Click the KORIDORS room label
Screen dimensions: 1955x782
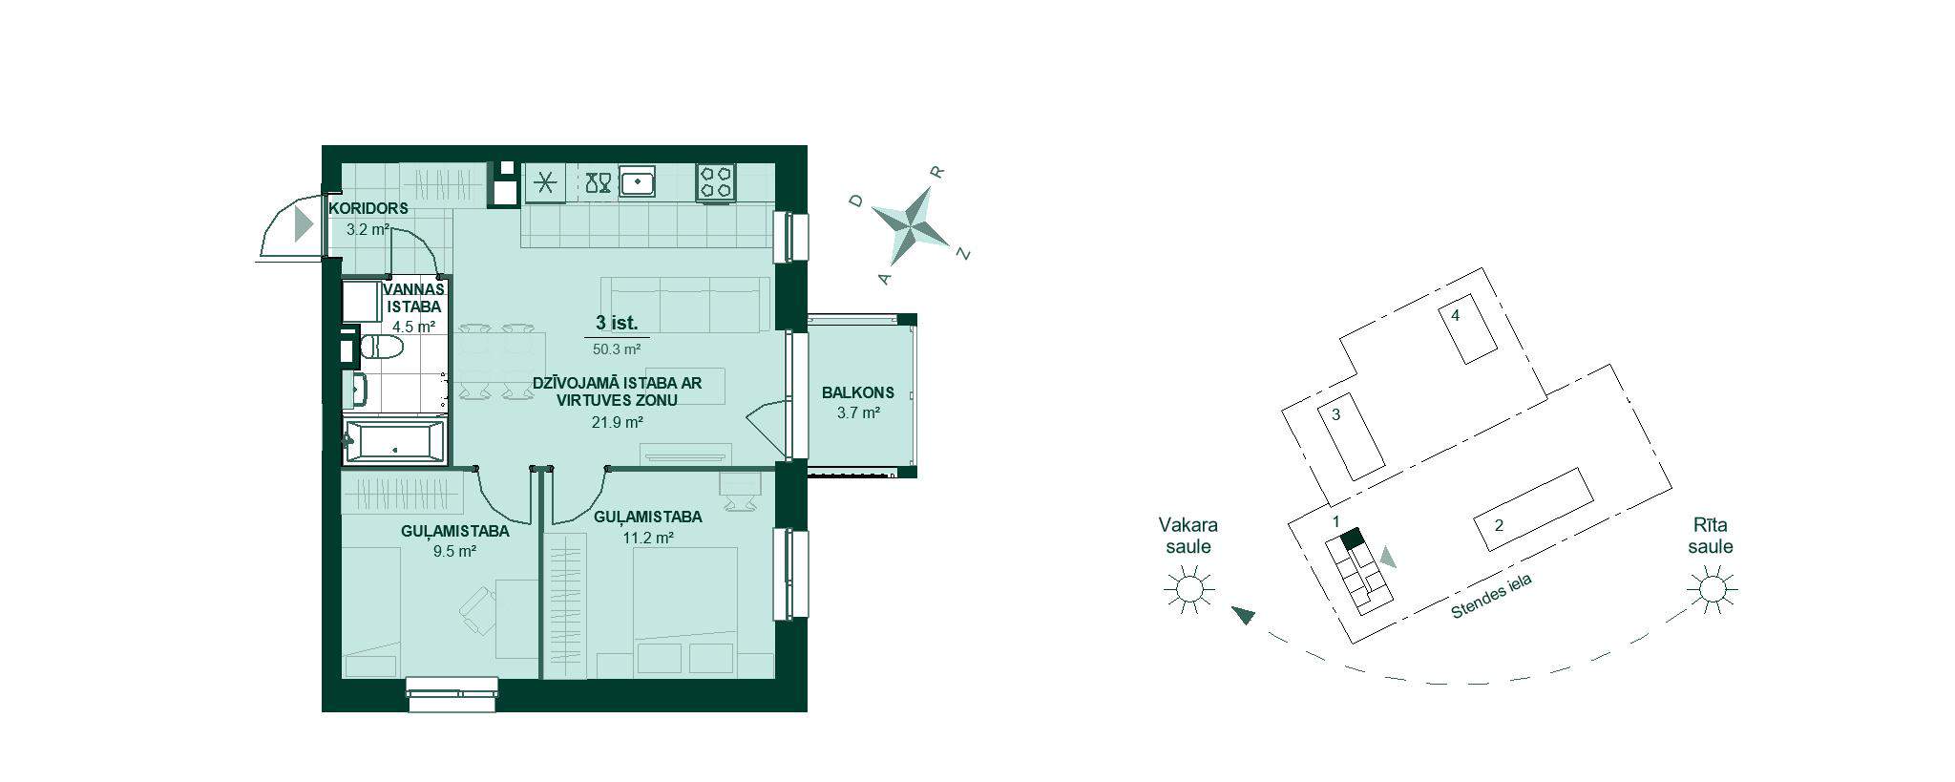(368, 208)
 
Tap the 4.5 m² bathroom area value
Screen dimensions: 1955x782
(413, 327)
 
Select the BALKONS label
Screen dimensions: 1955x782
(858, 392)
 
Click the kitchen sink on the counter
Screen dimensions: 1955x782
(637, 181)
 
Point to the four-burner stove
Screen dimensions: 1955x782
(716, 182)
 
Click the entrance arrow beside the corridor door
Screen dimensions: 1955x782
(304, 224)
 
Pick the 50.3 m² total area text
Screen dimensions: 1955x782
(617, 349)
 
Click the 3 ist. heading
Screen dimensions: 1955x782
(617, 323)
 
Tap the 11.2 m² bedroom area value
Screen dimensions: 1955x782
(648, 538)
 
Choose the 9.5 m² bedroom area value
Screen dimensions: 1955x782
(454, 551)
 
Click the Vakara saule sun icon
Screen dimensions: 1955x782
(1188, 588)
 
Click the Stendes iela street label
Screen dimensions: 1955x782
(1490, 597)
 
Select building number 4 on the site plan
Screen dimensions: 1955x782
(1455, 315)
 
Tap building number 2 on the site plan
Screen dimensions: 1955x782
(1499, 525)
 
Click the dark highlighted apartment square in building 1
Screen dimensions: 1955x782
(1351, 539)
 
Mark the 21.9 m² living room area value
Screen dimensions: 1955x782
(617, 422)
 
